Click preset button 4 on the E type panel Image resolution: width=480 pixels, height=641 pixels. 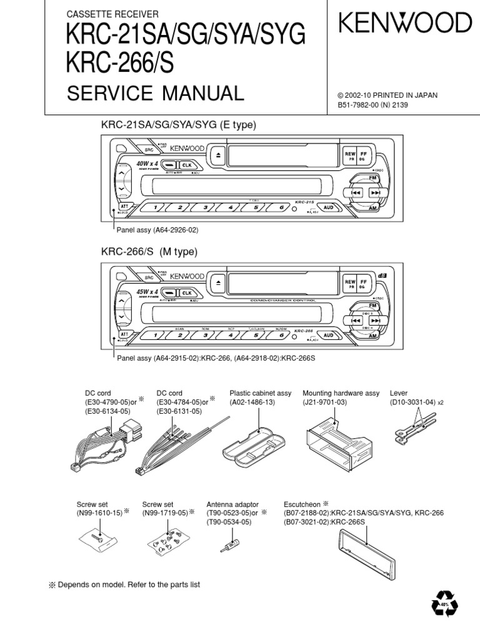click(x=231, y=207)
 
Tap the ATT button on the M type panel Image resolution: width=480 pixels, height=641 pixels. click(x=124, y=334)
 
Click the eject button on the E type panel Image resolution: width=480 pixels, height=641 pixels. click(x=216, y=156)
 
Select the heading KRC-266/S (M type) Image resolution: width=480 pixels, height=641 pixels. click(x=149, y=252)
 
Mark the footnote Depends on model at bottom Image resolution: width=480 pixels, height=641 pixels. click(x=124, y=584)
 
